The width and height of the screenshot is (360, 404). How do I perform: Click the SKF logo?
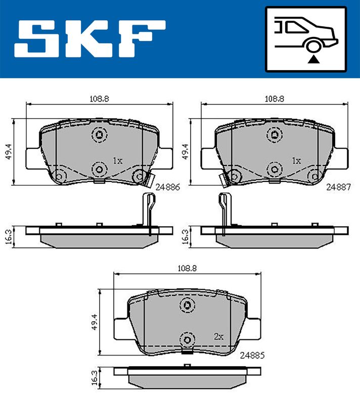point(89,39)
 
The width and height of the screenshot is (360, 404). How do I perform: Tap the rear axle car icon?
point(306,39)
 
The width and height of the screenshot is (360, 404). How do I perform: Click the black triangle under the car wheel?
point(313,59)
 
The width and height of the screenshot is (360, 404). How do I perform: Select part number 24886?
point(168,187)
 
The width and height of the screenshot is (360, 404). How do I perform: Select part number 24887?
point(339,187)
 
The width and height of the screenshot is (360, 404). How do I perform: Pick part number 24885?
point(252,356)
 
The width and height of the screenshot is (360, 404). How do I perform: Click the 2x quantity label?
point(219,336)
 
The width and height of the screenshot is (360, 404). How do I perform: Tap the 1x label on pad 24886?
point(118,161)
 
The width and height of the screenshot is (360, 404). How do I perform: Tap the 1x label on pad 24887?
point(296,161)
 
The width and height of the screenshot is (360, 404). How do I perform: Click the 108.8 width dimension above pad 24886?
point(99,98)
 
